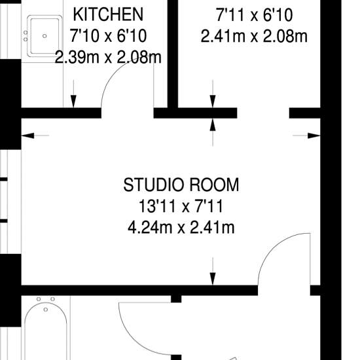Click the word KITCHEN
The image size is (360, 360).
coord(108,14)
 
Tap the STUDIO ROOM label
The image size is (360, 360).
coord(181,185)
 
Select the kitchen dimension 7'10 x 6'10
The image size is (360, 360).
coord(108,36)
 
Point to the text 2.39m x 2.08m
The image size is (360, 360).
coord(108,58)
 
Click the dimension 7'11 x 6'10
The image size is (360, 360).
coord(254,16)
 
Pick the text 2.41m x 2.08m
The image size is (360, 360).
coord(254,37)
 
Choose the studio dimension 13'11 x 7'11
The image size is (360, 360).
coord(181,206)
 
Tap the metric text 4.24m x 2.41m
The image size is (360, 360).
coord(181,228)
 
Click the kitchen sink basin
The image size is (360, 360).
coord(45,36)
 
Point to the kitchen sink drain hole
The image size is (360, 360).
coord(45,36)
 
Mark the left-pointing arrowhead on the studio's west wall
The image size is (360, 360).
coord(27,135)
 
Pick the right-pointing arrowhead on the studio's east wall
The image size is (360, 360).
coord(314,135)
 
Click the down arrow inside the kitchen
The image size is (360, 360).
coord(73,94)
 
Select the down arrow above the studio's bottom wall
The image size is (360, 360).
coord(213,272)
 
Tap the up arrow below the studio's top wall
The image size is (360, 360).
coord(213,132)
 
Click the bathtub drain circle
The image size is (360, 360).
coord(46,310)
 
